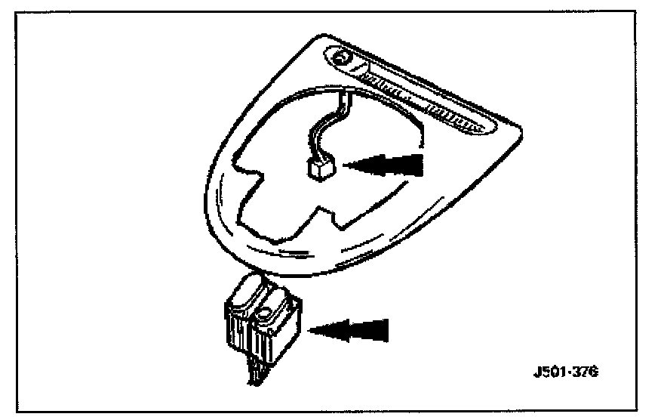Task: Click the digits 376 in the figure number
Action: pyautogui.click(x=583, y=372)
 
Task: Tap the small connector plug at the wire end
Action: pyautogui.click(x=320, y=171)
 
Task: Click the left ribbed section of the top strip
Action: pyautogui.click(x=385, y=87)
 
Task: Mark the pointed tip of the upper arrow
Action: pyautogui.click(x=344, y=164)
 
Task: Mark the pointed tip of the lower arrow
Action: pyautogui.click(x=310, y=328)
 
